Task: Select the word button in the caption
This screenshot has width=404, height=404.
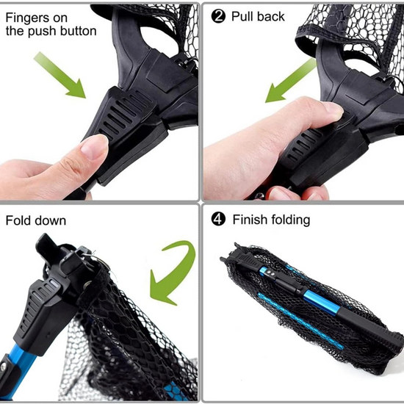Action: tap(80, 32)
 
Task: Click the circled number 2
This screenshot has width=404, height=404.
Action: tap(217, 16)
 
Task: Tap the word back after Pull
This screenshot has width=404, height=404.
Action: tap(270, 16)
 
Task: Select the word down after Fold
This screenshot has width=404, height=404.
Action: tap(51, 220)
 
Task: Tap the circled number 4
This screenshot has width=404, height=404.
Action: tap(217, 220)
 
